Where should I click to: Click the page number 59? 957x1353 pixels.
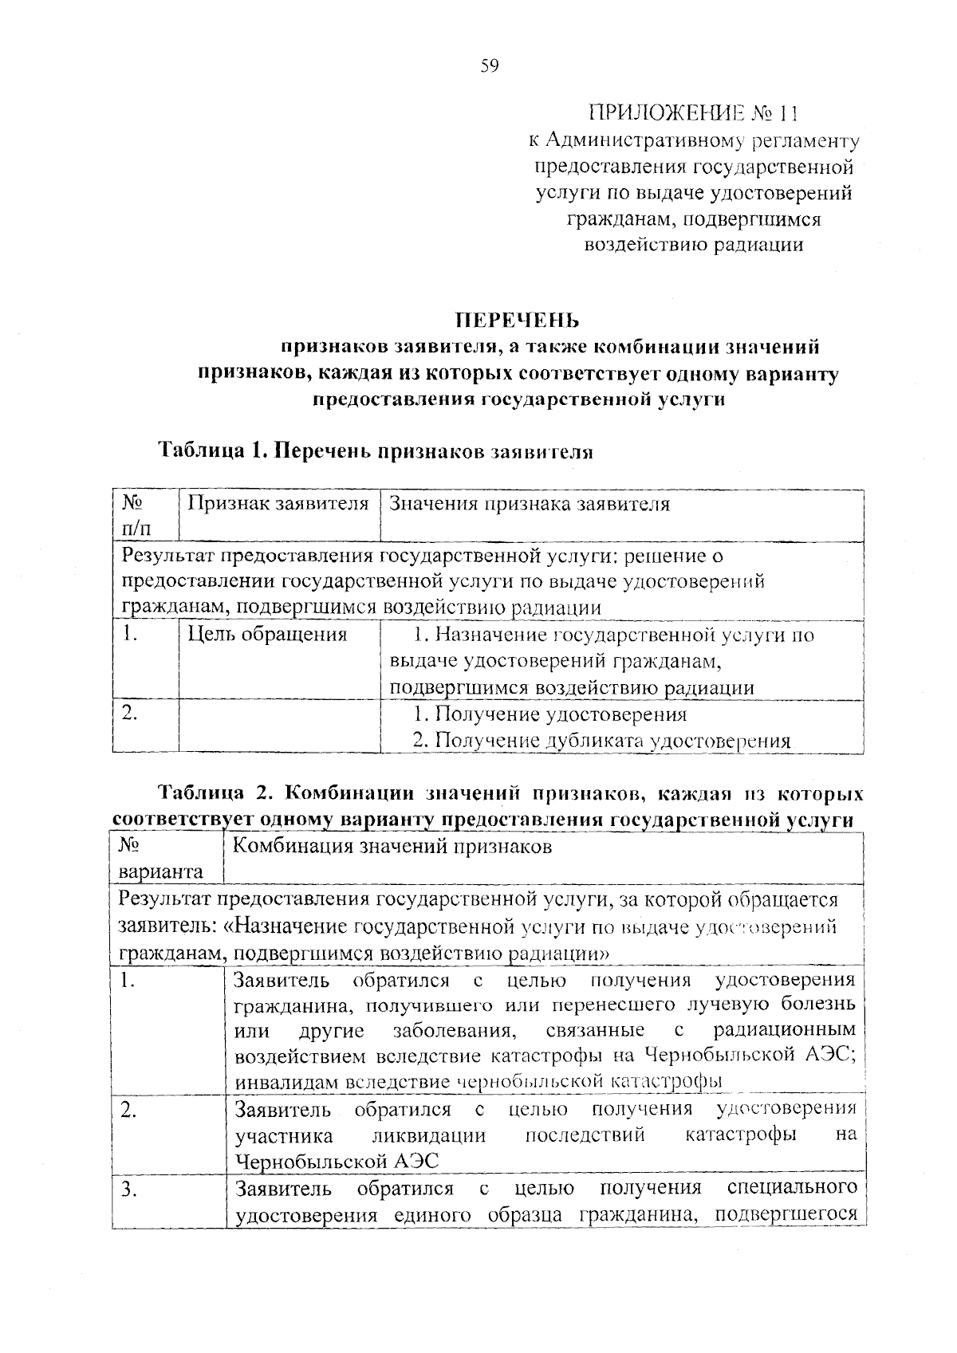(x=489, y=66)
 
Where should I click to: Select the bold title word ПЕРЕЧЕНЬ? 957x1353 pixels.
(x=517, y=321)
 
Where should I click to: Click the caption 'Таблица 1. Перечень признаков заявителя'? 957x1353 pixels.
(x=376, y=450)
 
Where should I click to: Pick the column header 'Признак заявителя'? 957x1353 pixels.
(x=278, y=504)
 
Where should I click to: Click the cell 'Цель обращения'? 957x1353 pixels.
(x=267, y=635)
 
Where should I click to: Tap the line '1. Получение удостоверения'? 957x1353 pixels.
(x=549, y=714)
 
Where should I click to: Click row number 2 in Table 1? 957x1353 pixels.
(x=131, y=714)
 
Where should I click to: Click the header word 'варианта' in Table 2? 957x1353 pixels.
(x=160, y=871)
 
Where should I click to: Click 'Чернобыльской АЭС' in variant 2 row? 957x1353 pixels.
(x=337, y=1160)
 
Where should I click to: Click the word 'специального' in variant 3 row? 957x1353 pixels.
(x=793, y=1188)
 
